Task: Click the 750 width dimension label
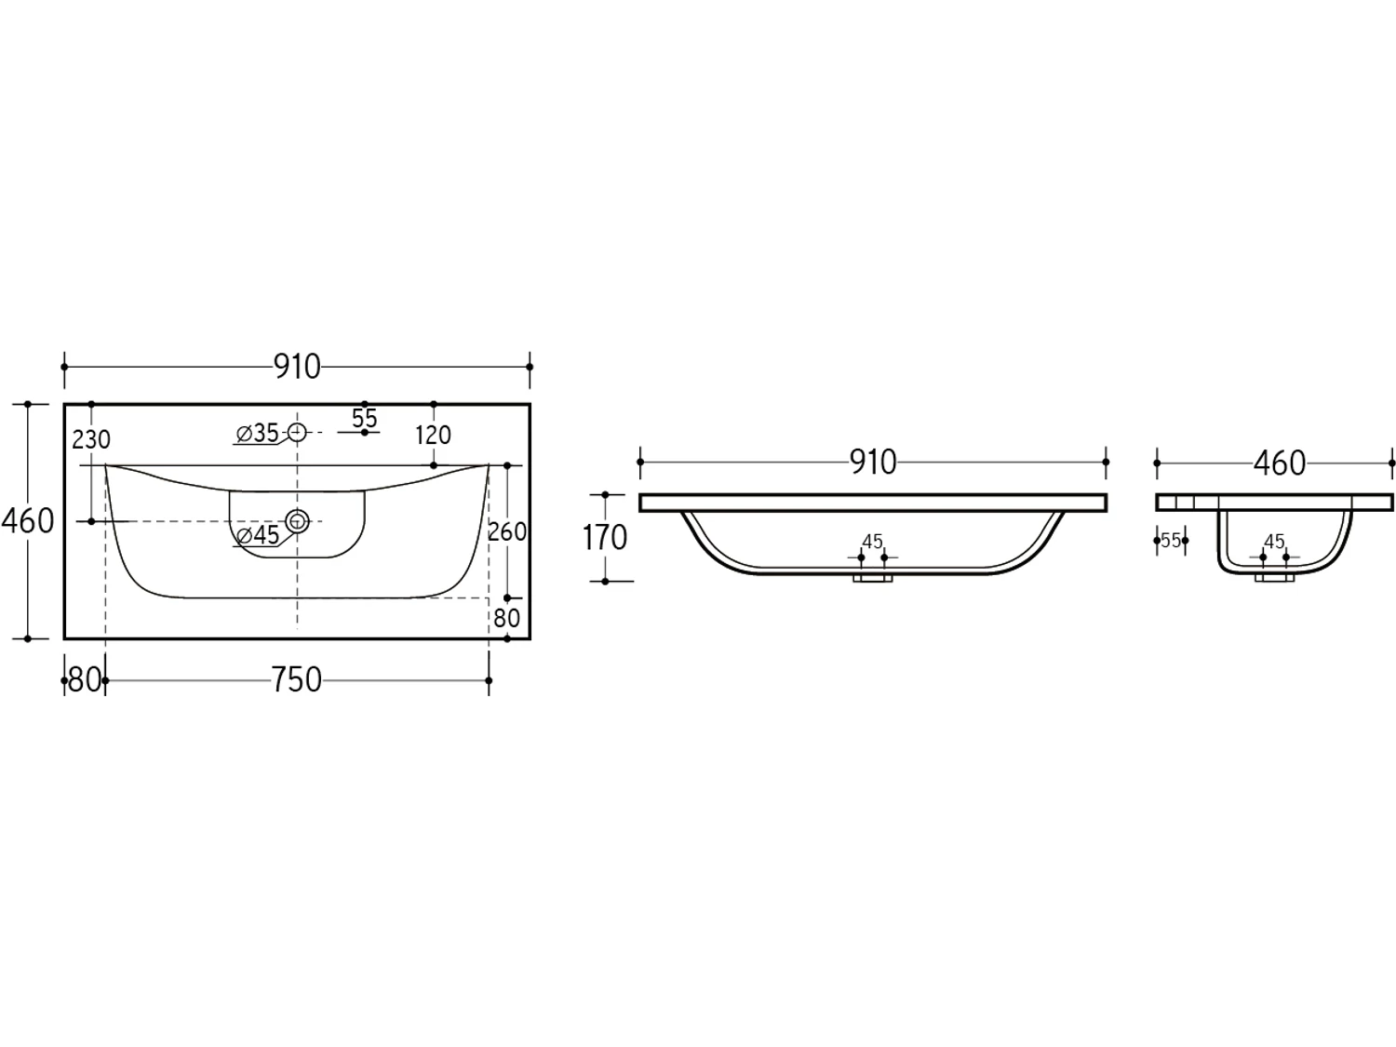click(296, 679)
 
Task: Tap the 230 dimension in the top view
click(91, 439)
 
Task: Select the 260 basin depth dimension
click(507, 531)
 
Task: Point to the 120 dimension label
click(433, 436)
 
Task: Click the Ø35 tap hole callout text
click(258, 434)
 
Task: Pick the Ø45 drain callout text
click(258, 535)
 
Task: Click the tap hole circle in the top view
click(297, 432)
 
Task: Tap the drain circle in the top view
click(297, 521)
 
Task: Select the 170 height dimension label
click(605, 538)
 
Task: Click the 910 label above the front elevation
click(873, 463)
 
